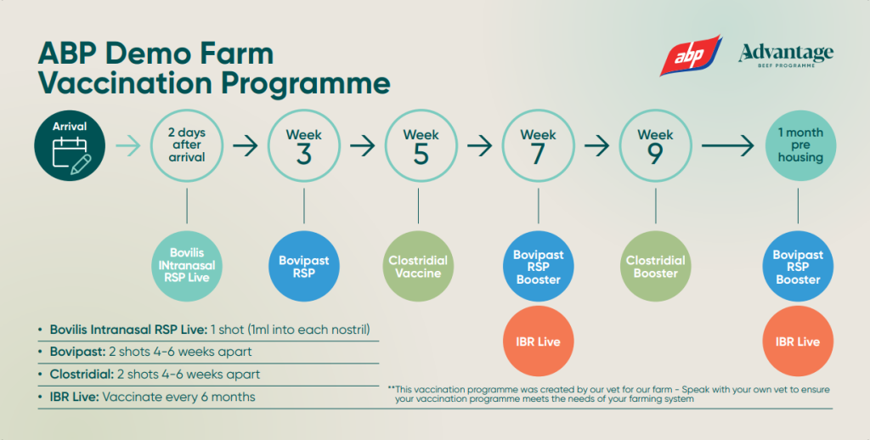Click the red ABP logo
pos(691,56)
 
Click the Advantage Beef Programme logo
pos(786,56)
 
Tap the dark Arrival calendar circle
pos(70,146)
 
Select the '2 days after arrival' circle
pos(186,146)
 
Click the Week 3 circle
pos(303,146)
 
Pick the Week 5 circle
pos(421,146)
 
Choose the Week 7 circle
pos(538,146)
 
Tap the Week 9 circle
pos(655,146)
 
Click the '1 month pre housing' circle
pos(799,146)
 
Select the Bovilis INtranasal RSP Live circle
pos(186,266)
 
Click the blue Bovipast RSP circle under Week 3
pos(303,266)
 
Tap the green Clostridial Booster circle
pos(655,266)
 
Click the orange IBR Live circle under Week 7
pos(538,341)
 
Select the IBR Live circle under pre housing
pos(799,341)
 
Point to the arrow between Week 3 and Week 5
pos(362,146)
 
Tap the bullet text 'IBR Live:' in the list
pos(74,397)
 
